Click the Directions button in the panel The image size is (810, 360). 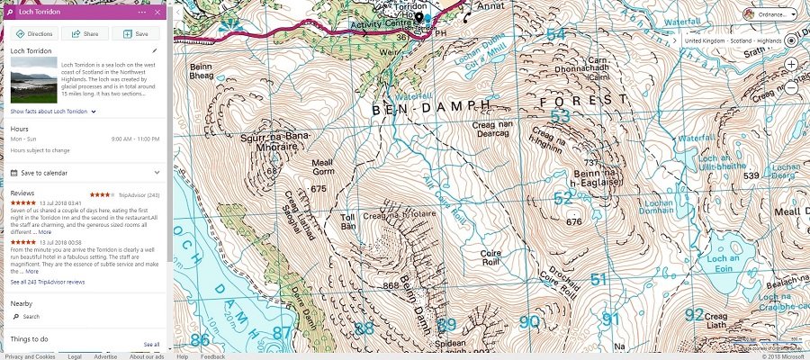pos(34,33)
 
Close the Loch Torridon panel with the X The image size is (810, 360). pos(158,12)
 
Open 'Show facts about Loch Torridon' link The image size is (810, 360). pos(49,111)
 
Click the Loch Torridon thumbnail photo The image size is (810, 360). pos(33,82)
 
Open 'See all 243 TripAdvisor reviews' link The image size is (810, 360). pos(48,282)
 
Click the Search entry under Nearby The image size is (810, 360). pos(31,317)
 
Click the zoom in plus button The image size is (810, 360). pos(790,65)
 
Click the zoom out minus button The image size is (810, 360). pos(790,87)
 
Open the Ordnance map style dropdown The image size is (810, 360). pos(770,14)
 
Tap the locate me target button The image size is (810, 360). pos(790,41)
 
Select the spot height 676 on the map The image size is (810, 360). pos(574,221)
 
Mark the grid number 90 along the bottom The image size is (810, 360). pos(530,321)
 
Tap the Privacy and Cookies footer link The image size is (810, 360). pos(30,356)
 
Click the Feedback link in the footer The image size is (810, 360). pos(213,356)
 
